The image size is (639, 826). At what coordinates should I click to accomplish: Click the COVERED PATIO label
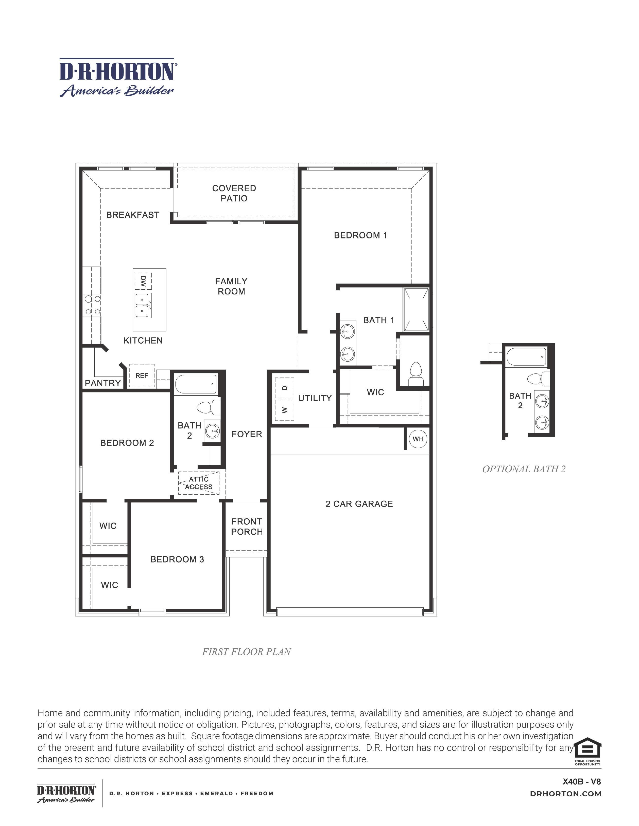234,193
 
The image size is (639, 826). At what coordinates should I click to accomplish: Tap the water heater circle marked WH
418,439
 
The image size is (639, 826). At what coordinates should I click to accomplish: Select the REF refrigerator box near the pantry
142,376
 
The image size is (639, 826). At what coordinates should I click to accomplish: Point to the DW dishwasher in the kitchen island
143,281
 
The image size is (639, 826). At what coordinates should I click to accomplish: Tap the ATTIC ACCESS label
199,483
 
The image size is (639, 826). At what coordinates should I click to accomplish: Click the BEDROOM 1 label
360,235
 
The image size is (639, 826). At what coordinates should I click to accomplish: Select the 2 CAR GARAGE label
359,504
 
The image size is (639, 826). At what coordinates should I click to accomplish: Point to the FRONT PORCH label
247,527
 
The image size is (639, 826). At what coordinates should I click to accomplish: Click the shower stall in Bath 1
416,309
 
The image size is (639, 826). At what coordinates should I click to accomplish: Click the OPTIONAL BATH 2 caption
524,469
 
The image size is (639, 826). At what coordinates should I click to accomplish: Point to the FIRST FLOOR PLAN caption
246,652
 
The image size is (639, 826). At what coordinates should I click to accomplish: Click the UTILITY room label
315,398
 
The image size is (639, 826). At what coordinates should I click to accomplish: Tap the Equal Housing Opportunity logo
587,751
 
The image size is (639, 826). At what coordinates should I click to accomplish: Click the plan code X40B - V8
581,781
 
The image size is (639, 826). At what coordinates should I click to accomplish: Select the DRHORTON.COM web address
565,794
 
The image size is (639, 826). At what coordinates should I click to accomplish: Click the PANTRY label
102,383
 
